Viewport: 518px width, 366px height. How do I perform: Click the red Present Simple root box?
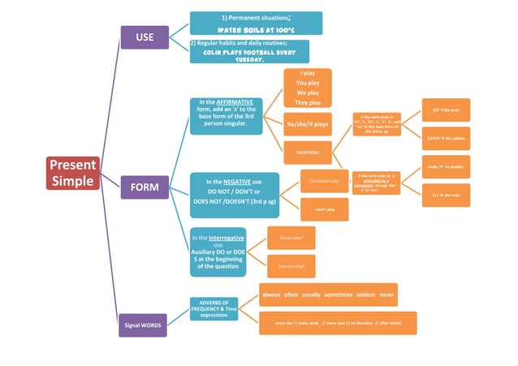click(73, 172)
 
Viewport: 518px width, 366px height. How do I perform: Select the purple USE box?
click(145, 37)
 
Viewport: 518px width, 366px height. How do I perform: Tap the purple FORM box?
click(145, 188)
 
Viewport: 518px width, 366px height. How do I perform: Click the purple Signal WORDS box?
click(143, 325)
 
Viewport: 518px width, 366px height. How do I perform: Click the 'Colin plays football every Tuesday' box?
click(249, 51)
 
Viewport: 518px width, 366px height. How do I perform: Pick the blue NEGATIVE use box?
click(234, 194)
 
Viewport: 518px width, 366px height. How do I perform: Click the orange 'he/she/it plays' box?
click(308, 124)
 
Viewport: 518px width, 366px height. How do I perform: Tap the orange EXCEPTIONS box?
click(308, 153)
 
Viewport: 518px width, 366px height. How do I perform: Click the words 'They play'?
click(308, 103)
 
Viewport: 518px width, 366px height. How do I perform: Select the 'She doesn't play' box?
click(324, 181)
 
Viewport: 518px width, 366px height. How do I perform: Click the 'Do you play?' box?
click(291, 238)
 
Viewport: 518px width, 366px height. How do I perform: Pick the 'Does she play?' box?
click(291, 266)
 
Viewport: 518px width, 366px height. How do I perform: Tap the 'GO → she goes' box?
click(446, 110)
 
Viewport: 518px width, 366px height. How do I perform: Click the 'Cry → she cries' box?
click(446, 196)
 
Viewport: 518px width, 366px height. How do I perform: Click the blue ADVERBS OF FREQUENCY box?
click(214, 308)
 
